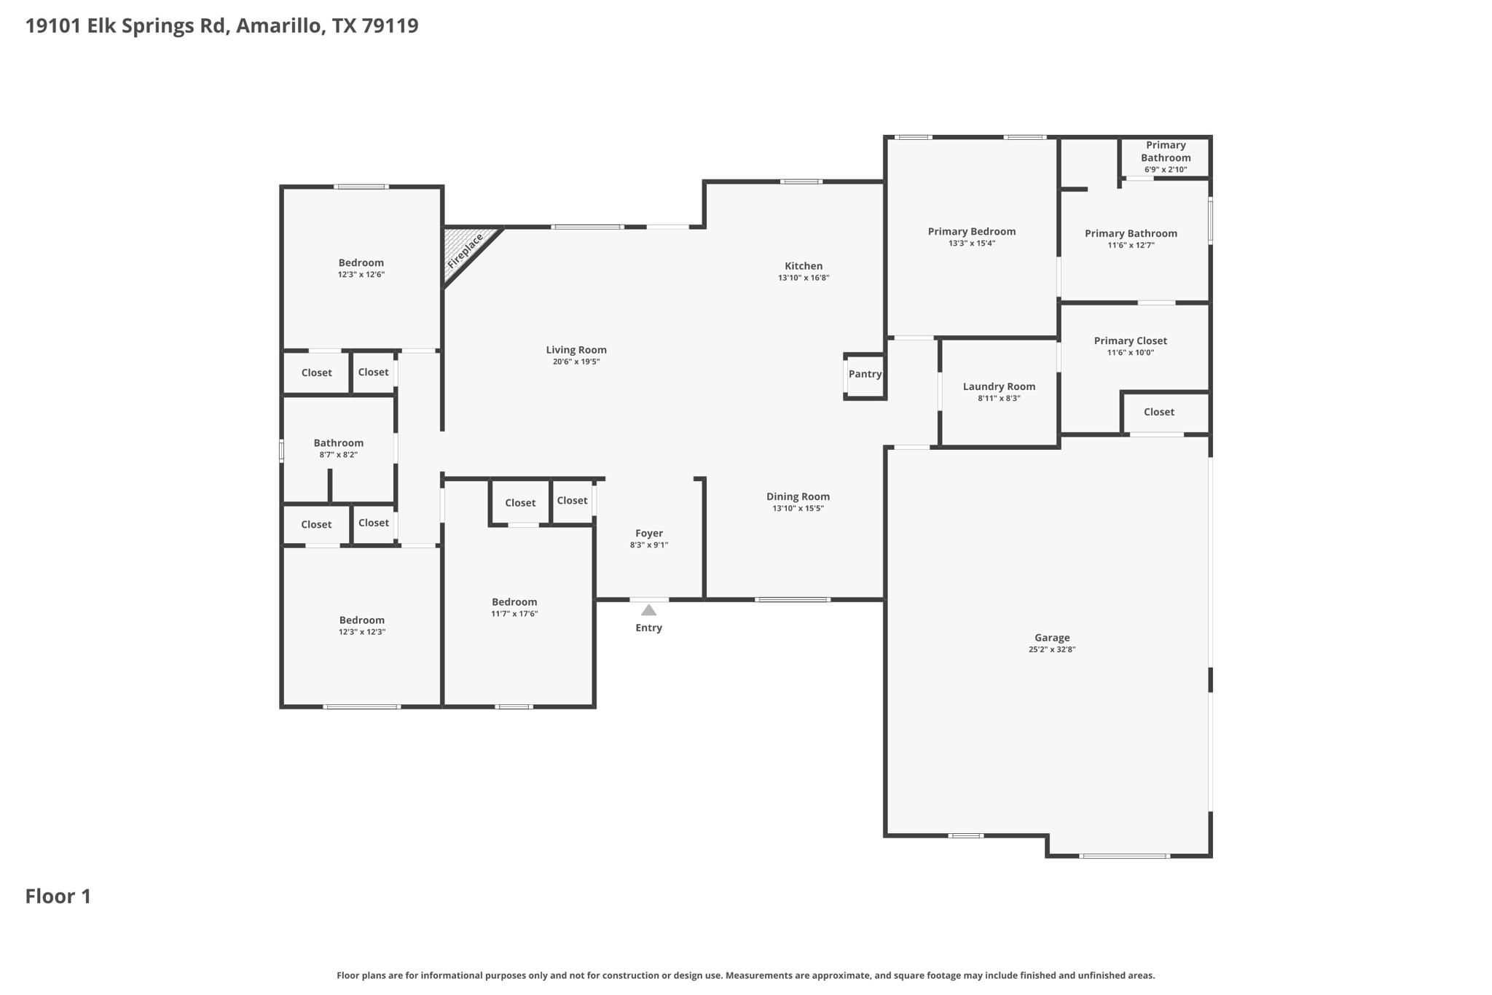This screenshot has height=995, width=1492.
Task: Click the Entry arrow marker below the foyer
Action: click(648, 610)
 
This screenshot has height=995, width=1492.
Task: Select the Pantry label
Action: click(865, 374)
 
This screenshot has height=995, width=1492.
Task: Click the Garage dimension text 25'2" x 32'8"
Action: click(1052, 649)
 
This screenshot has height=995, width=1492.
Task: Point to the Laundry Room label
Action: click(999, 387)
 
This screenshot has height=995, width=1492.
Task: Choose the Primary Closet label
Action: click(1130, 341)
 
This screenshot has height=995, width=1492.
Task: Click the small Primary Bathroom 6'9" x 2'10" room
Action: click(1166, 157)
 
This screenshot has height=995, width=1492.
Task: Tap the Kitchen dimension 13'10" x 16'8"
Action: click(804, 278)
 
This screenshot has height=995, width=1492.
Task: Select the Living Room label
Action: click(576, 350)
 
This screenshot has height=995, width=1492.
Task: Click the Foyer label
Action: click(648, 534)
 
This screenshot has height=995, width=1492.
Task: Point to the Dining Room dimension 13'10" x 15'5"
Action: click(798, 509)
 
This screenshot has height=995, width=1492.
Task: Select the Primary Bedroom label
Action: click(971, 232)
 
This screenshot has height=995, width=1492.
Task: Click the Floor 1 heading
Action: click(58, 897)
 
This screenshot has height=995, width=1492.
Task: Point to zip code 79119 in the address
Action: click(390, 26)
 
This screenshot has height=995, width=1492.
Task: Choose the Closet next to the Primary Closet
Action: click(1158, 413)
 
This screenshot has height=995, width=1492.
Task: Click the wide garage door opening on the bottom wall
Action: click(1124, 856)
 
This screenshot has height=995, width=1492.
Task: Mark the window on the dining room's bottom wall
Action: click(792, 600)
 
